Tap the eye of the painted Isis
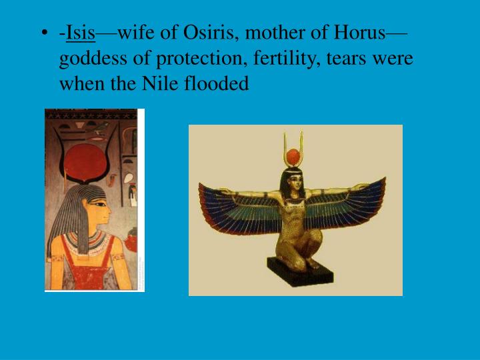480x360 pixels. tap(100, 207)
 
